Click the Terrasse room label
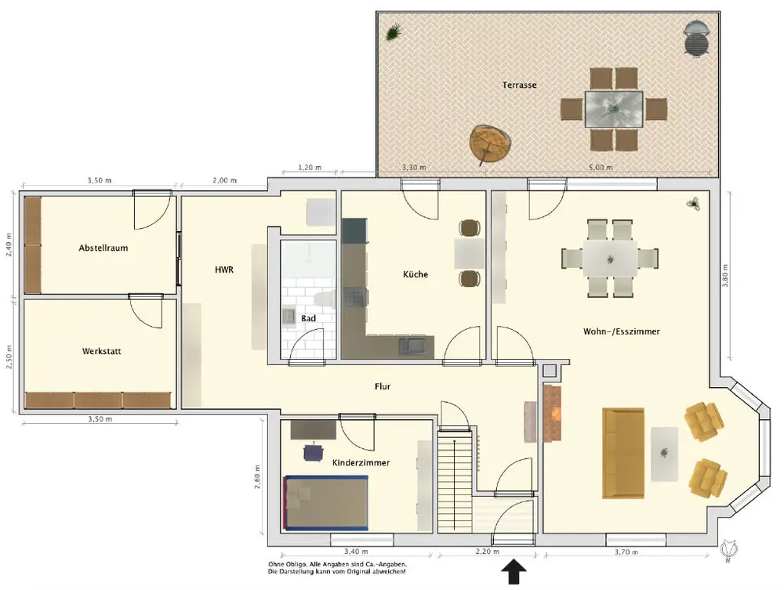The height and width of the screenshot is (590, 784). tap(519, 85)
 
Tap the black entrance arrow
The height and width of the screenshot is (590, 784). tap(514, 571)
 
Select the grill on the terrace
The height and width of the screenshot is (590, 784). tap(696, 38)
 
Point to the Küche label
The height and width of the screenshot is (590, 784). tap(416, 274)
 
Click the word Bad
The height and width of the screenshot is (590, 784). tap(308, 318)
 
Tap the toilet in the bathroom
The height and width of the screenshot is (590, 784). tap(324, 299)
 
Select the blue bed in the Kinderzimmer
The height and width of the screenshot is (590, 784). tap(326, 502)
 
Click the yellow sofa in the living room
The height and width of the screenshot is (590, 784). tap(623, 453)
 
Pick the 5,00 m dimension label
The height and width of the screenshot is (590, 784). tap(601, 168)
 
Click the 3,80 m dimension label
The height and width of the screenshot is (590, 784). tap(725, 275)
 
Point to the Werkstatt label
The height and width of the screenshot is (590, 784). tap(101, 351)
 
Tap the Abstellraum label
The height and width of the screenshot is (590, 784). tap(103, 248)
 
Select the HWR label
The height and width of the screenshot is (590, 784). tap(224, 270)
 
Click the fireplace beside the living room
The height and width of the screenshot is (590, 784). tap(553, 413)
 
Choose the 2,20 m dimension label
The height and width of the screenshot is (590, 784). tap(487, 552)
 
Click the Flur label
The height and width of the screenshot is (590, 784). tap(383, 386)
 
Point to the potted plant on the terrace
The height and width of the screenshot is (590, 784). tap(394, 32)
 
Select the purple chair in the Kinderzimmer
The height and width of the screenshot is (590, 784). tap(313, 452)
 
